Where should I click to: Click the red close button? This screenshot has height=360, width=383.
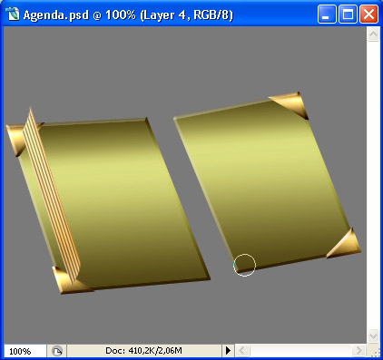pyautogui.click(x=368, y=15)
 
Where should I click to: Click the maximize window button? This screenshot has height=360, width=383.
pyautogui.click(x=348, y=15)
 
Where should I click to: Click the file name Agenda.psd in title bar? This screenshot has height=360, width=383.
pyautogui.click(x=56, y=15)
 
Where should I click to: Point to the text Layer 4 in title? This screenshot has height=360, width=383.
pyautogui.click(x=163, y=15)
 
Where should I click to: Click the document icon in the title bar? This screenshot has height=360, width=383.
pyautogui.click(x=12, y=15)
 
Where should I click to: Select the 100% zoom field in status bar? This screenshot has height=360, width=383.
pyautogui.click(x=25, y=351)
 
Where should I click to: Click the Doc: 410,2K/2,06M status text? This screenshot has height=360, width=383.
pyautogui.click(x=143, y=351)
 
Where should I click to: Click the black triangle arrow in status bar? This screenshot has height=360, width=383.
pyautogui.click(x=228, y=351)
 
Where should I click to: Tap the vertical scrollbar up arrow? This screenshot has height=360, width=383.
pyautogui.click(x=373, y=34)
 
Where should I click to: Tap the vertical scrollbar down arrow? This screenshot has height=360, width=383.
pyautogui.click(x=373, y=336)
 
